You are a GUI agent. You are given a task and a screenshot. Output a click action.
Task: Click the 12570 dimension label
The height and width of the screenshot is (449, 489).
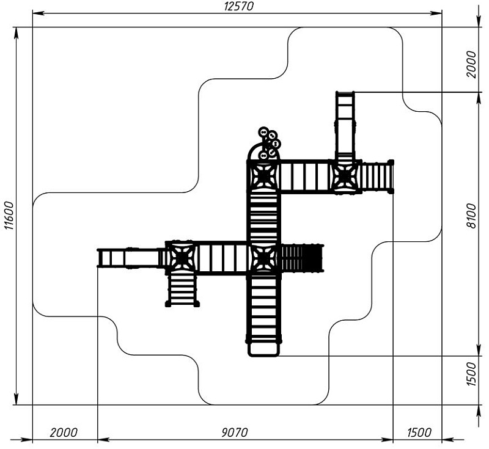tap(238, 6)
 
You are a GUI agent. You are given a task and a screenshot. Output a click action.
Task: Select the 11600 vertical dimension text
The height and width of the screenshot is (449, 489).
tap(8, 216)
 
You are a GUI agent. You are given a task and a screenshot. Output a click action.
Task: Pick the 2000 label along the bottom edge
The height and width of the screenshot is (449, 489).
tap(64, 433)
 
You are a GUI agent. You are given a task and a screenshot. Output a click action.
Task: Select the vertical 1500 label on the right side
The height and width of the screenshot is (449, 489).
tap(471, 374)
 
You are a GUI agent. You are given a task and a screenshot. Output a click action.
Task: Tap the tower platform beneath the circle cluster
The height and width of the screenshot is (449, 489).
tap(263, 176)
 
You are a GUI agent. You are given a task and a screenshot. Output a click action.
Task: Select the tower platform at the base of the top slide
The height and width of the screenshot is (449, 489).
tap(345, 176)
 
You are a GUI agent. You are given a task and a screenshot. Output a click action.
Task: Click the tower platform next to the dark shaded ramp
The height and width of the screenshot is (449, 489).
tap(263, 258)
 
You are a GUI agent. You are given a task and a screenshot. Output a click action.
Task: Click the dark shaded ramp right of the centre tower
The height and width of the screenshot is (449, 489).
tap(301, 258)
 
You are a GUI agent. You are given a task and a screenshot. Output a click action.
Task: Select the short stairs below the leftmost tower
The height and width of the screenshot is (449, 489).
tap(182, 288)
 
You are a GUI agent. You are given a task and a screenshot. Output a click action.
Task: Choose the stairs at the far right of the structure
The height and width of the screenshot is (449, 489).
tap(375, 177)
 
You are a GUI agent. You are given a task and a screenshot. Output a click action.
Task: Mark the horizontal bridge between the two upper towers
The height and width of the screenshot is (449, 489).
tap(304, 177)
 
